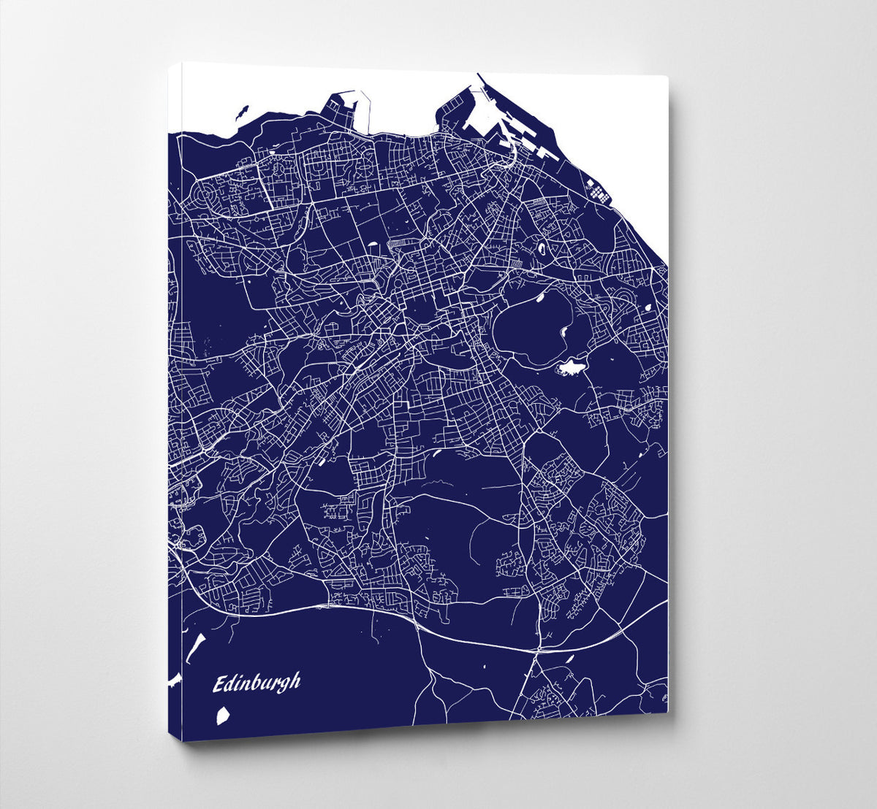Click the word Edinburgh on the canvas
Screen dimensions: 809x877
[x=257, y=683]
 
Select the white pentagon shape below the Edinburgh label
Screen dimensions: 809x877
[x=224, y=716]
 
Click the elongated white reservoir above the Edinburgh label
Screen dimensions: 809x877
[x=196, y=647]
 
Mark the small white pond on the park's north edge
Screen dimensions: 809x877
[x=542, y=297]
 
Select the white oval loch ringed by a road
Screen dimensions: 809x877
[x=542, y=249]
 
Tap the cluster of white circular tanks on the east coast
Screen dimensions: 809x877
[x=599, y=193]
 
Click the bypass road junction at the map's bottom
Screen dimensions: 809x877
[x=539, y=648]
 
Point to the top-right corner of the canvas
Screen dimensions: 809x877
[x=667, y=77]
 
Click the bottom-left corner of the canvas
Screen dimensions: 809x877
[x=183, y=740]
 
